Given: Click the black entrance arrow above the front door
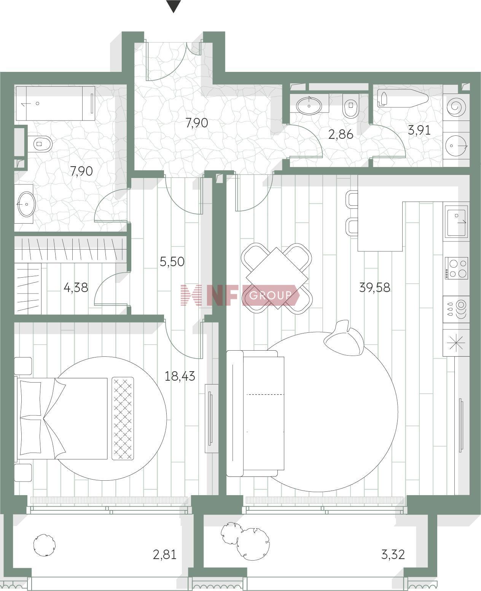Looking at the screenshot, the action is point(174,6).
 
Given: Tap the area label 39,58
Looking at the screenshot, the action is point(374,288).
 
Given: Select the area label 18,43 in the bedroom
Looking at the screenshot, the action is point(180,376).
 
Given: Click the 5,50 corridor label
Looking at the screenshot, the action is point(172,262).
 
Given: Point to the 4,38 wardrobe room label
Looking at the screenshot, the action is point(76,288).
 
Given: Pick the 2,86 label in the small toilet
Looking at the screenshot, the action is point(341,134).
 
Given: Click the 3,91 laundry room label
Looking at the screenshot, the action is point(419,130).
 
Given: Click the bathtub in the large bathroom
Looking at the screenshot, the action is point(56,103).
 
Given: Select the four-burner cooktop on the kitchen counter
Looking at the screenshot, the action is point(456,268).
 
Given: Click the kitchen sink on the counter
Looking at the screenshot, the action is point(456,221).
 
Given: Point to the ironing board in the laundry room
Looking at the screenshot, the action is point(403,99).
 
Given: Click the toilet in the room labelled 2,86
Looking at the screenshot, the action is point(351,106).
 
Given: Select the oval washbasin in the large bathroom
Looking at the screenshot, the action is point(27,204).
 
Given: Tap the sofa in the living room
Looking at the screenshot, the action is point(255,413).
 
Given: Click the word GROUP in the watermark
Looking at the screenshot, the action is point(270,295).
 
